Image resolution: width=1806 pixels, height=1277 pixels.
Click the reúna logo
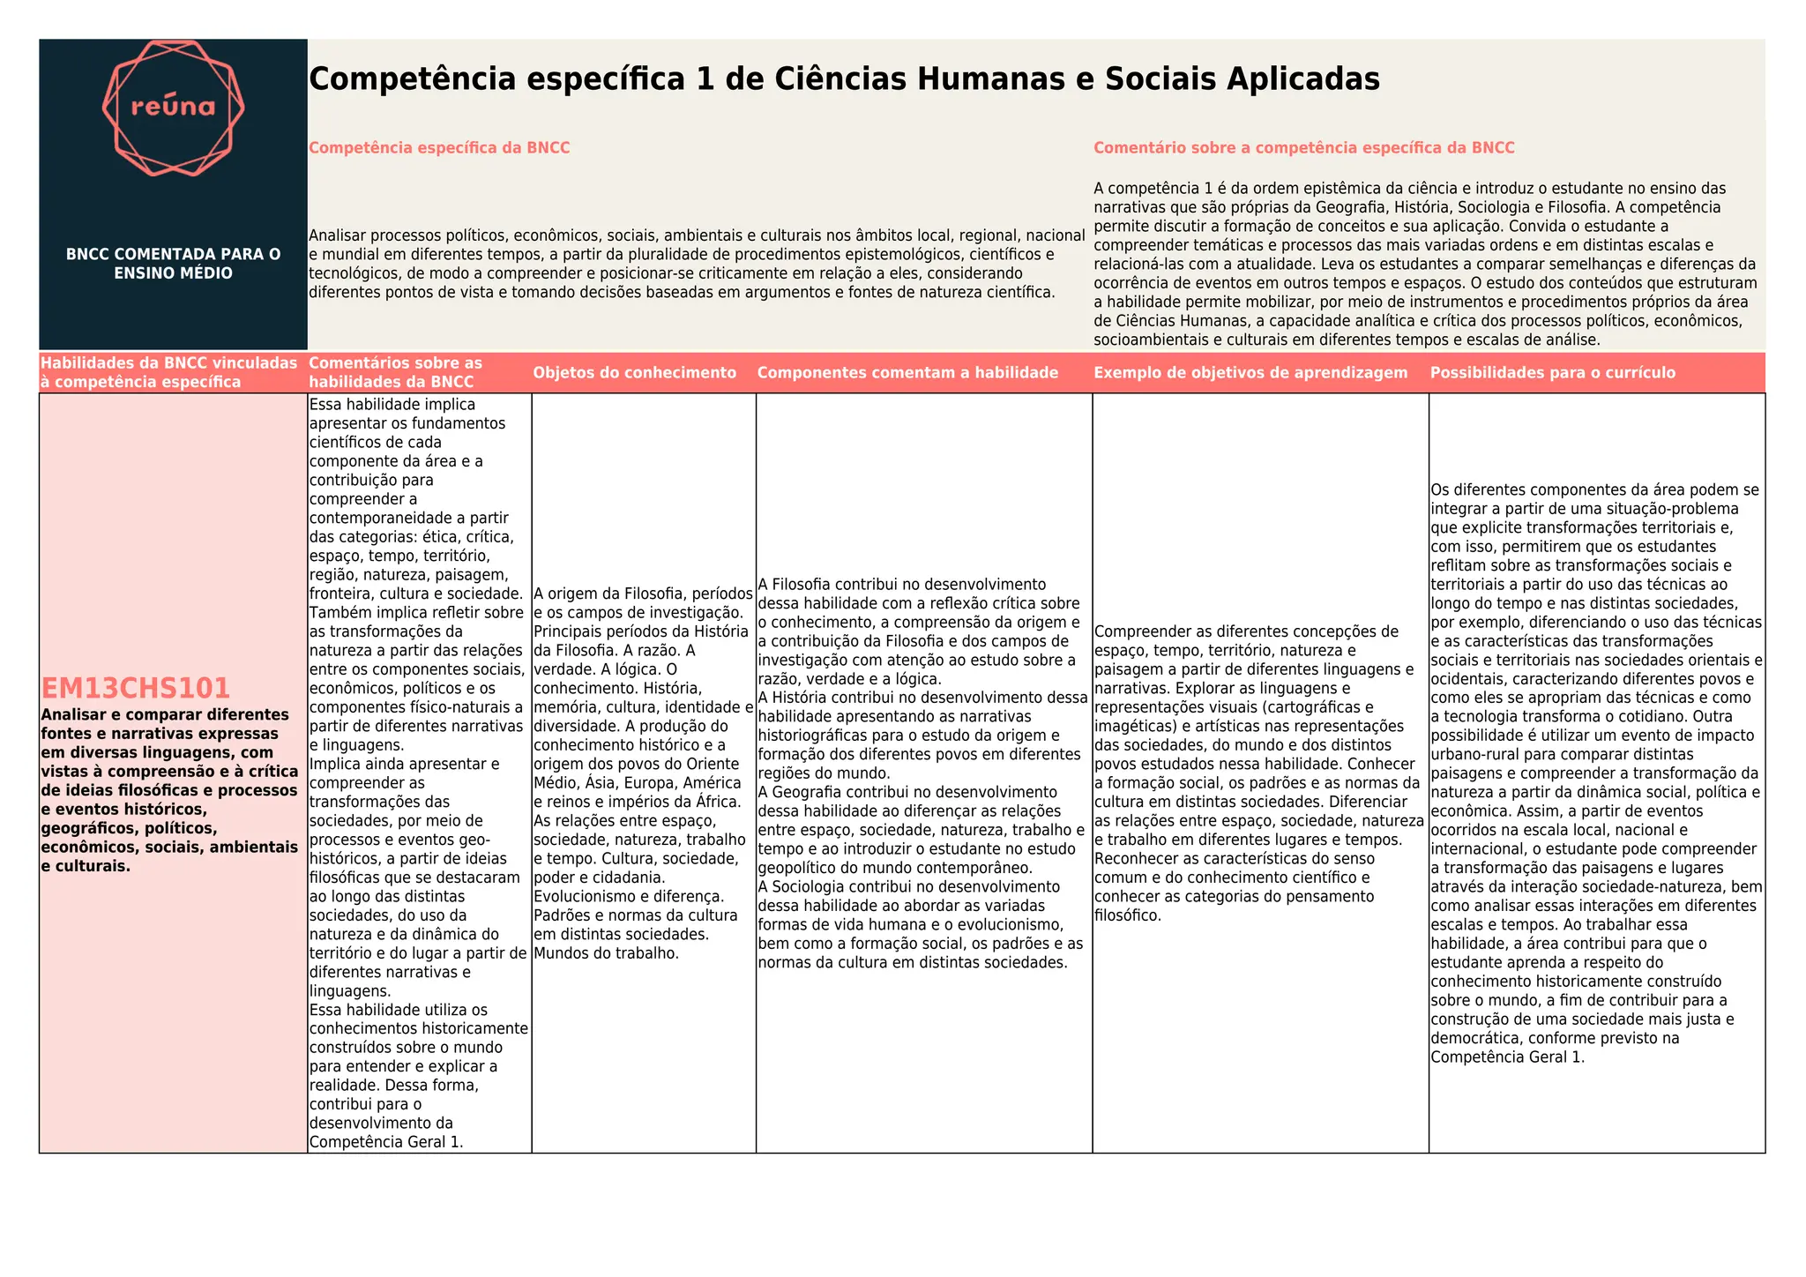click(x=173, y=108)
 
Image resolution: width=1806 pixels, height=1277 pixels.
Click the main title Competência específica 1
click(x=844, y=79)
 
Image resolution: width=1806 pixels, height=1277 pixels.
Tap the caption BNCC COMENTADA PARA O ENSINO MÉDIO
click(x=173, y=264)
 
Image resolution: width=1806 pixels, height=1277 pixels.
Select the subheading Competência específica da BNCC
click(x=439, y=148)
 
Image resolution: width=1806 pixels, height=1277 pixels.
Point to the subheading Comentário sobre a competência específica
click(x=1303, y=148)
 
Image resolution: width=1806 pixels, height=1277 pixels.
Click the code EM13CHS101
click(x=136, y=688)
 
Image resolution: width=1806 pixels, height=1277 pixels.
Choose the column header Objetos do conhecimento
click(x=634, y=373)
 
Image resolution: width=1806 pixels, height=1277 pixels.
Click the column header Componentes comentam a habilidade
click(x=907, y=373)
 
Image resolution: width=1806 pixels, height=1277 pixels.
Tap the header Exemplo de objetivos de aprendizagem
click(x=1250, y=373)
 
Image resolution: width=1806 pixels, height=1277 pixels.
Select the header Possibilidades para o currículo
click(x=1552, y=373)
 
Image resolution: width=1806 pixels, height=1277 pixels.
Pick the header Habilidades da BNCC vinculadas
click(x=169, y=372)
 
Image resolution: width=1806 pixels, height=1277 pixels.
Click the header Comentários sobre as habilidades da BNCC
click(x=396, y=372)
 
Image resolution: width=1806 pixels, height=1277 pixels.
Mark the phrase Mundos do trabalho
click(x=607, y=953)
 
